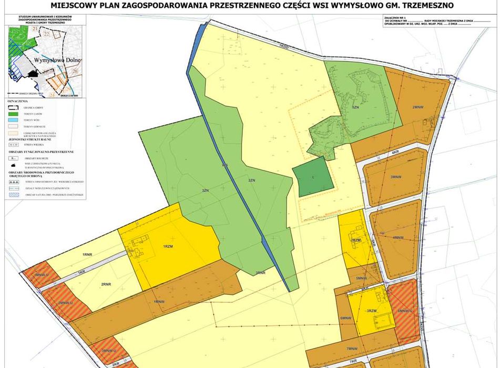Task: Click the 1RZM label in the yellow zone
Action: pyautogui.click(x=168, y=246)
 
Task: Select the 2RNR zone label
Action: pyautogui.click(x=107, y=284)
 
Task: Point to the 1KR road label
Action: pyautogui.click(x=81, y=271)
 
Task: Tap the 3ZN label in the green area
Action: pyautogui.click(x=205, y=191)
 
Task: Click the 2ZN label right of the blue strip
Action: pyautogui.click(x=252, y=181)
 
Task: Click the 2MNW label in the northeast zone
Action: pyautogui.click(x=418, y=107)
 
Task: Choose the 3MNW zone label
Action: pyautogui.click(x=404, y=177)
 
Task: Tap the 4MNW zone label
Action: pyautogui.click(x=398, y=237)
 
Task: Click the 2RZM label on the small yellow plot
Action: pyautogui.click(x=355, y=240)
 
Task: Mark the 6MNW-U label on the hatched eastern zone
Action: pyautogui.click(x=405, y=311)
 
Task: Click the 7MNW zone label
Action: pyautogui.click(x=352, y=348)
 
